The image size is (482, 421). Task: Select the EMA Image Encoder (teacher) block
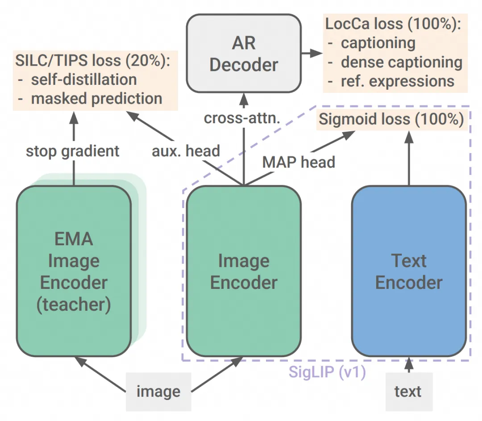(74, 271)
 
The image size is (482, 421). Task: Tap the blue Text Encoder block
(409, 271)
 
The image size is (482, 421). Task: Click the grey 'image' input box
(158, 392)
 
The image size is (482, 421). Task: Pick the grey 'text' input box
(408, 392)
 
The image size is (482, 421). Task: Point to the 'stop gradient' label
(73, 151)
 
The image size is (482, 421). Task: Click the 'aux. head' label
(186, 151)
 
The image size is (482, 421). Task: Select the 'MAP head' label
(299, 162)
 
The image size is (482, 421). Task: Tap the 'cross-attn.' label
(243, 118)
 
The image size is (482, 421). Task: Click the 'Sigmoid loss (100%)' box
(392, 119)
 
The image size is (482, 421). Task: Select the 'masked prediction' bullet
(96, 99)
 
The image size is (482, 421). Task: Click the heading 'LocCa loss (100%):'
(393, 24)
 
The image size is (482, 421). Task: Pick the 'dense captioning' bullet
(401, 63)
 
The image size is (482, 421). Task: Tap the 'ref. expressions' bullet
(397, 81)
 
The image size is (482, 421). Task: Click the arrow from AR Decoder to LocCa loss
(311, 53)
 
